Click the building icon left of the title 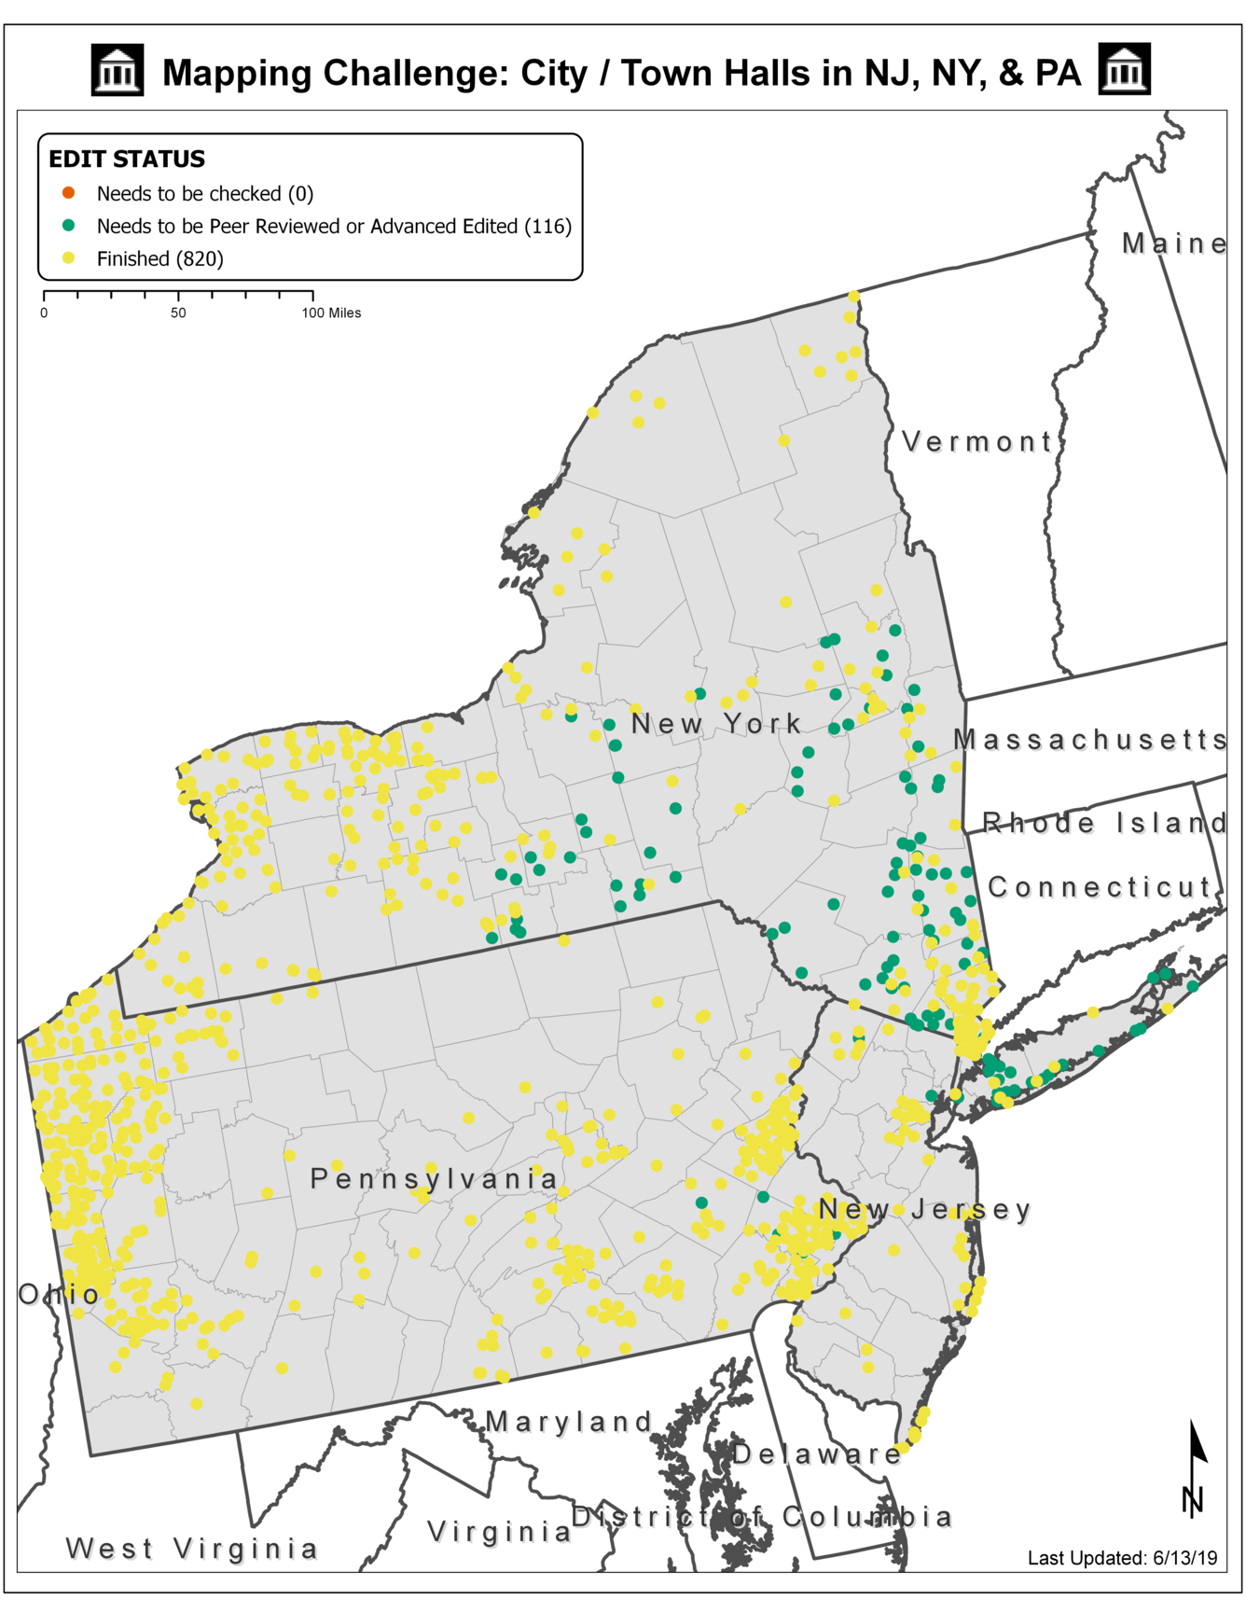click(118, 70)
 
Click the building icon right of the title click(1124, 69)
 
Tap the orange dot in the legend click(68, 193)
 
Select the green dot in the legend click(68, 226)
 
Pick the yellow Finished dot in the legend click(68, 258)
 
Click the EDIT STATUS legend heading click(127, 160)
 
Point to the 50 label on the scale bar click(178, 313)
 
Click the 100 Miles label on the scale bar click(331, 313)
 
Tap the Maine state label click(1173, 244)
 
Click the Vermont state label click(977, 441)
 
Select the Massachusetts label click(1089, 740)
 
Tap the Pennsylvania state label click(434, 1179)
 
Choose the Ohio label click(59, 1294)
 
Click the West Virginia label click(192, 1549)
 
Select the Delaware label click(817, 1453)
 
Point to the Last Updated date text click(1122, 1558)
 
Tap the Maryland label click(569, 1422)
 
